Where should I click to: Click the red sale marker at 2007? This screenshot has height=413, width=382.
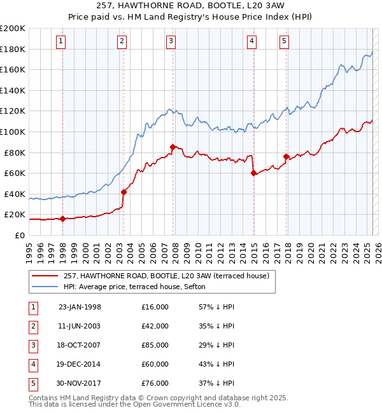(x=173, y=147)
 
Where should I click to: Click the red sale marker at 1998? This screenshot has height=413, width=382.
(x=63, y=219)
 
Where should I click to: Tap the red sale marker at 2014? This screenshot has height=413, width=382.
(x=253, y=173)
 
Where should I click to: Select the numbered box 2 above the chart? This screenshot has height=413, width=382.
(x=122, y=42)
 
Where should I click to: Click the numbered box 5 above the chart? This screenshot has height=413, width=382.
(x=284, y=42)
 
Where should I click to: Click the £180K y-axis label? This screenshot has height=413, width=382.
(x=13, y=49)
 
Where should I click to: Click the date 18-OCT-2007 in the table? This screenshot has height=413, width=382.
(x=80, y=345)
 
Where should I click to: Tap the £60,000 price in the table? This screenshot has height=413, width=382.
(x=155, y=364)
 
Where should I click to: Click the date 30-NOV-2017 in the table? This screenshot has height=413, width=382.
(x=80, y=383)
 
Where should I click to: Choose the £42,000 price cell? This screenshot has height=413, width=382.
(x=155, y=326)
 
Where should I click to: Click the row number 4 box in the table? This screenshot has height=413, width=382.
(x=32, y=364)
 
